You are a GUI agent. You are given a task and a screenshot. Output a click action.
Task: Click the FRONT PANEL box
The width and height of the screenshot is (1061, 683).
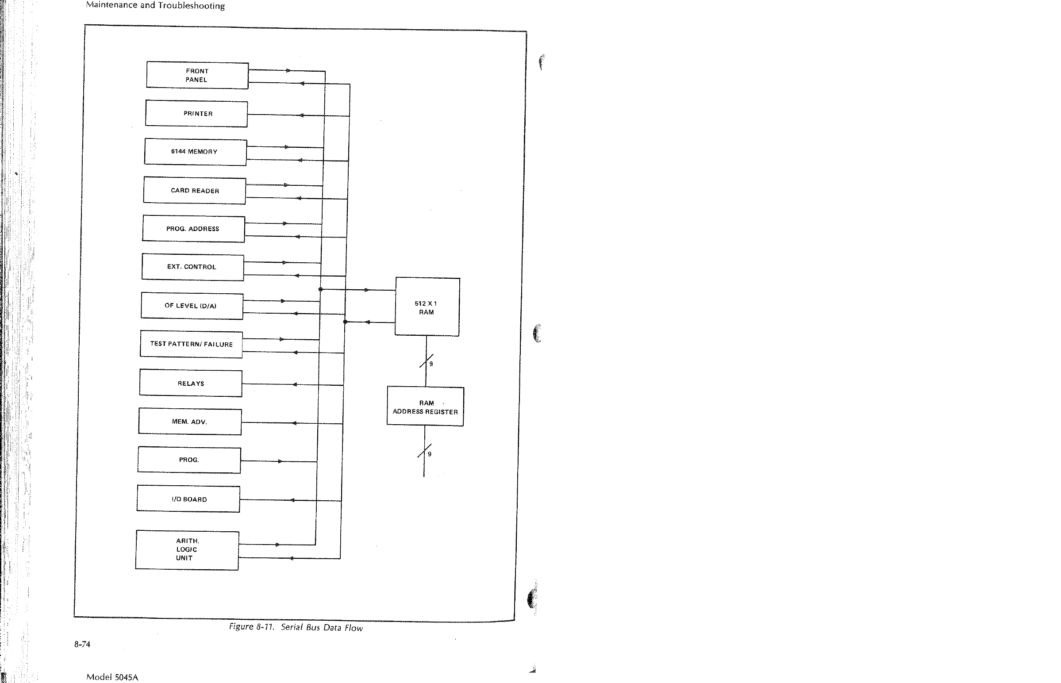pyautogui.click(x=197, y=75)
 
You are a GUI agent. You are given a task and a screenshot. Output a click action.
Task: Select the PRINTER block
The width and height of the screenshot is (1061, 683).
pyautogui.click(x=196, y=114)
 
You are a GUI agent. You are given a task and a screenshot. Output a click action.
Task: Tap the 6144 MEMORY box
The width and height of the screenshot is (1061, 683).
pyautogui.click(x=195, y=152)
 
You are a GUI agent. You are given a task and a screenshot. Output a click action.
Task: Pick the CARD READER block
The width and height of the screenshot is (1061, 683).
pyautogui.click(x=194, y=191)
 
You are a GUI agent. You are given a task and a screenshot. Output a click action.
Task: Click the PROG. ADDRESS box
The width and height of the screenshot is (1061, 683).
pyautogui.click(x=193, y=229)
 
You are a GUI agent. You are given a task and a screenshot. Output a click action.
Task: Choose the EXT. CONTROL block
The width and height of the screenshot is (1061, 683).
pyautogui.click(x=192, y=267)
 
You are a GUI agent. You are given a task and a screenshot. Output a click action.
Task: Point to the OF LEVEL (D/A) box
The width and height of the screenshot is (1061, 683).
pyautogui.click(x=192, y=306)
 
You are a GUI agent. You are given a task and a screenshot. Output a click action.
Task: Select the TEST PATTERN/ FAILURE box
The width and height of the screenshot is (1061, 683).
pyautogui.click(x=191, y=345)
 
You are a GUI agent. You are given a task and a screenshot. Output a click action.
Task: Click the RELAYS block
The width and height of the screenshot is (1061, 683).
pyautogui.click(x=191, y=383)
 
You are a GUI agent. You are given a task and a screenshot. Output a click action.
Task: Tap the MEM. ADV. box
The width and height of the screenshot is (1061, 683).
pyautogui.click(x=190, y=422)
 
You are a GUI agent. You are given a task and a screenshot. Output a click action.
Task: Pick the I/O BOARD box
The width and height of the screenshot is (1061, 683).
pyautogui.click(x=188, y=499)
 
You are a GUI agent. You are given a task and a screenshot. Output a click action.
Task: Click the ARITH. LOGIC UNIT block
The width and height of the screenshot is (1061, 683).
pyautogui.click(x=187, y=550)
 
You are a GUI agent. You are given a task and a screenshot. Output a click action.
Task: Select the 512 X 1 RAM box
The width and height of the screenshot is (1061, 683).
pyautogui.click(x=427, y=307)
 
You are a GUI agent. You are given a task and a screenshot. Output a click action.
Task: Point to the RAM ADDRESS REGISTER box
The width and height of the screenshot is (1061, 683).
pyautogui.click(x=425, y=407)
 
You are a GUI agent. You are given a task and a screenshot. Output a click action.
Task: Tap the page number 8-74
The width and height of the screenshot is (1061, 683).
pyautogui.click(x=82, y=645)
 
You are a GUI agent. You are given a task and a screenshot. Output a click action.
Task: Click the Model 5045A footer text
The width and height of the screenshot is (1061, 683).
pyautogui.click(x=112, y=677)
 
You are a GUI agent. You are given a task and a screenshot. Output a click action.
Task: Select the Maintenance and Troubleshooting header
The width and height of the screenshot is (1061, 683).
pyautogui.click(x=155, y=6)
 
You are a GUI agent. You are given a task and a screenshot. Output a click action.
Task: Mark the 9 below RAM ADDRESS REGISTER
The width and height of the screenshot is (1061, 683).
pyautogui.click(x=429, y=454)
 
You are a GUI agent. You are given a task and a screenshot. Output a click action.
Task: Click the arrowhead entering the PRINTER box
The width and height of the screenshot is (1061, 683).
pyautogui.click(x=301, y=115)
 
